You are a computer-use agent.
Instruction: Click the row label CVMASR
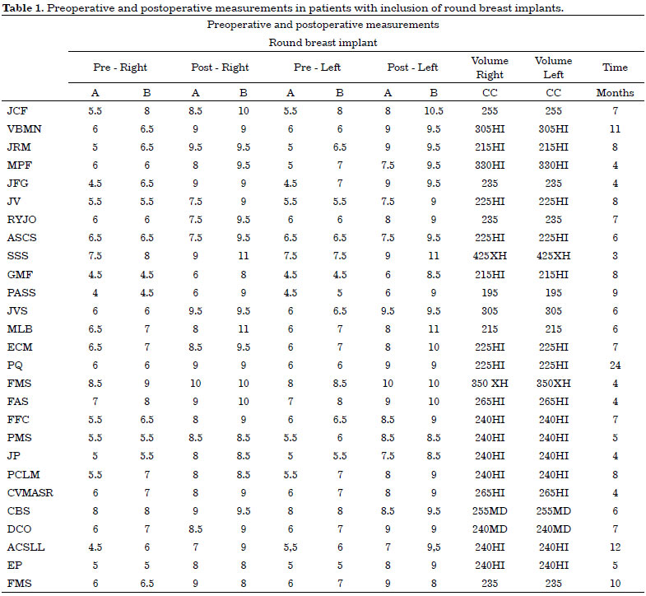[x=30, y=492]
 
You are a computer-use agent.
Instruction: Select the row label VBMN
[x=25, y=129]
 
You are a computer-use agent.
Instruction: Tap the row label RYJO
[x=22, y=220]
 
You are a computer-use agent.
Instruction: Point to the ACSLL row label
[x=26, y=547]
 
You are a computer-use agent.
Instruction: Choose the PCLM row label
[x=24, y=474]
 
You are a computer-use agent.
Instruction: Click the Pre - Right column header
[x=120, y=68]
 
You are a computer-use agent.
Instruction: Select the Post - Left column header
[x=412, y=68]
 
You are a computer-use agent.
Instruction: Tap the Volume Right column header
[x=490, y=68]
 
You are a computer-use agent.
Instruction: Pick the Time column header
[x=615, y=68]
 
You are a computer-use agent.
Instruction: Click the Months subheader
[x=615, y=93]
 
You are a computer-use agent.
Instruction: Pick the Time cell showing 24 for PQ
[x=615, y=366]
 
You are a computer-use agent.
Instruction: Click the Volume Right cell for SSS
[x=490, y=256]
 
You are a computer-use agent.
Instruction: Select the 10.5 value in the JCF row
[x=434, y=111]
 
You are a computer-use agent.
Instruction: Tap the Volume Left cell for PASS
[x=553, y=292]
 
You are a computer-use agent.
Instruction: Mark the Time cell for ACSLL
[x=615, y=547]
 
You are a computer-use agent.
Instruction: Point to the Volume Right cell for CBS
[x=490, y=510]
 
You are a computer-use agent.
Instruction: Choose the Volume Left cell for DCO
[x=553, y=528]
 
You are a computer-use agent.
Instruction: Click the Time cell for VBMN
[x=615, y=129]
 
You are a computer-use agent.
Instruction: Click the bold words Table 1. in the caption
[x=23, y=8]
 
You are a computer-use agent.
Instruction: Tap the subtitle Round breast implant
[x=323, y=43]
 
